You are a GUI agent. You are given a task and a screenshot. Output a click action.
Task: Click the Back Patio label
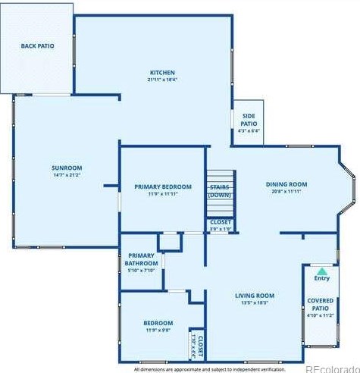[36, 46]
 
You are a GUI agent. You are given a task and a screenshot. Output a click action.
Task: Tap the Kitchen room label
[162, 73]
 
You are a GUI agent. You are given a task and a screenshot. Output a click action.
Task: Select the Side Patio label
[249, 123]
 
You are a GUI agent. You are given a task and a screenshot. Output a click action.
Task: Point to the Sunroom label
[67, 168]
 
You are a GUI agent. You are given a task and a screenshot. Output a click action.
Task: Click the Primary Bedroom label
[163, 186]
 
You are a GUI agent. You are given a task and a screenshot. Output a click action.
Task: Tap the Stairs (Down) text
[220, 190]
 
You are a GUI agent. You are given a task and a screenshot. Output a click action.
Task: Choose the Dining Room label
[286, 184]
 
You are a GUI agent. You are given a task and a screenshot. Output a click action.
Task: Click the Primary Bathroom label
[141, 259]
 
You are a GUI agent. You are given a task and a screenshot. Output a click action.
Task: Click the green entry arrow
[322, 271]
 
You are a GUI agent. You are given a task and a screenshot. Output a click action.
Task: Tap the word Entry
[322, 278]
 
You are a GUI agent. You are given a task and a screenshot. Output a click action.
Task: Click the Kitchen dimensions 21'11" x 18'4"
[162, 80]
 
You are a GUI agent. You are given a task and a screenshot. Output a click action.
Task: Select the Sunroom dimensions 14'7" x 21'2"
[67, 175]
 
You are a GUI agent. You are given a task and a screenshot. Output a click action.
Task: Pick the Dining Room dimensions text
[286, 192]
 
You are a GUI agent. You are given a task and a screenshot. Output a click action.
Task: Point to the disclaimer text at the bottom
[208, 369]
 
